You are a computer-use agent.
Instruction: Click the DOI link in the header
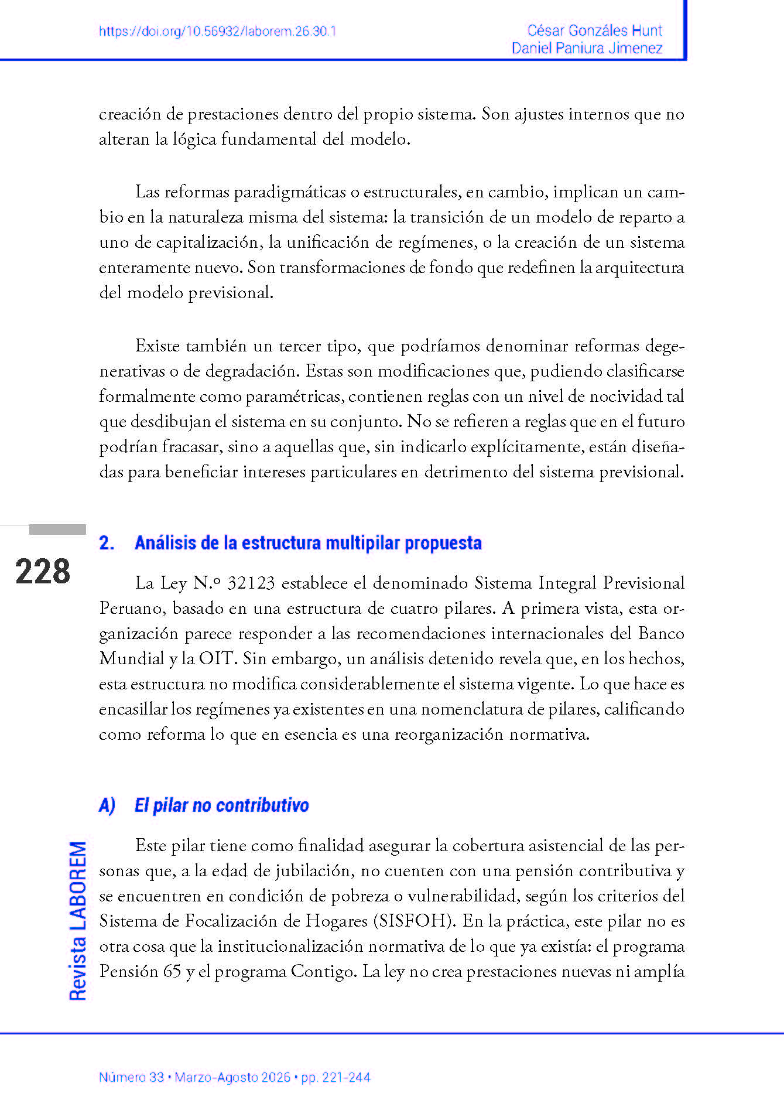(x=218, y=32)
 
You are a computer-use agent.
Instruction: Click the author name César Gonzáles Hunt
(x=594, y=30)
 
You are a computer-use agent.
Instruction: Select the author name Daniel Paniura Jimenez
(x=587, y=48)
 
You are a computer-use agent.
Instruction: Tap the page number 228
(x=43, y=572)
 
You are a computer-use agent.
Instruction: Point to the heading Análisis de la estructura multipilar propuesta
(x=308, y=543)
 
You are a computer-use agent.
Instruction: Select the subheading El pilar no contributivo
(x=221, y=805)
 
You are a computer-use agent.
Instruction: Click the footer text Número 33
(x=131, y=1077)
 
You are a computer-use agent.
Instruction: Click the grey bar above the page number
(x=57, y=529)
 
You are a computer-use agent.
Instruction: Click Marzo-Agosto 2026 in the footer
(x=232, y=1077)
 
